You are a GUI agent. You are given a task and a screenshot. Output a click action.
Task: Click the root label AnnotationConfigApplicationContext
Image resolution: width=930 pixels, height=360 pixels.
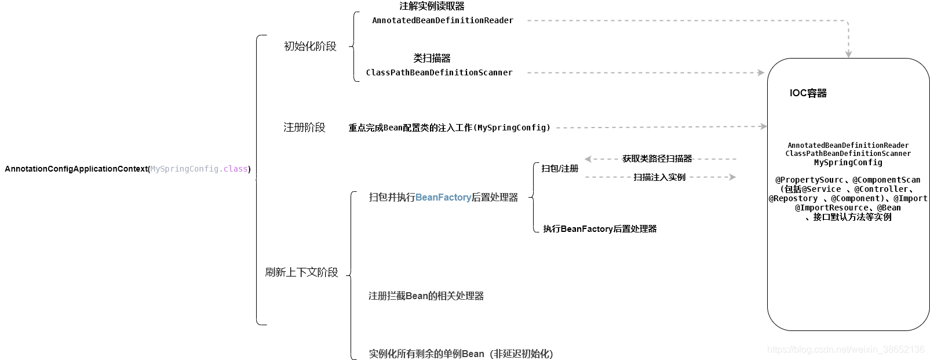[x=76, y=169]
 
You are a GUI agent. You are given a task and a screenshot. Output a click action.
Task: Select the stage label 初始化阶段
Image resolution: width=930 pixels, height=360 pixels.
[x=310, y=46]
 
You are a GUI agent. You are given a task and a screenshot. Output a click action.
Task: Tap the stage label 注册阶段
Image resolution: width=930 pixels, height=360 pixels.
[x=304, y=128]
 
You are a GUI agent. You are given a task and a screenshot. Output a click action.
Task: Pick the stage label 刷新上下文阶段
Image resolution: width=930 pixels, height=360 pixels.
[x=301, y=272]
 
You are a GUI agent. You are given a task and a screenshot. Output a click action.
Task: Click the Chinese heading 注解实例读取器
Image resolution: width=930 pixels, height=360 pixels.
[x=432, y=6]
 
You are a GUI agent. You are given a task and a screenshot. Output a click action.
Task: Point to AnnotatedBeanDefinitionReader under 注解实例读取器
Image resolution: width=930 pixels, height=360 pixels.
[x=442, y=20]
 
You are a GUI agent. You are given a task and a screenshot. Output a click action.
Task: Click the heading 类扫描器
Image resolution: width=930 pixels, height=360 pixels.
[x=432, y=58]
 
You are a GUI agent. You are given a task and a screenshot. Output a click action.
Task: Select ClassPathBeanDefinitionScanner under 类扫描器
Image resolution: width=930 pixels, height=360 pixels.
[x=439, y=72]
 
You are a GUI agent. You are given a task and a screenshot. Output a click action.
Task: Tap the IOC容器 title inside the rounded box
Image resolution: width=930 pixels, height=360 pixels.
[x=808, y=93]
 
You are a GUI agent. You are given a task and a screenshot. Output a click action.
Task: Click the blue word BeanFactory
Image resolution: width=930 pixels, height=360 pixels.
[x=443, y=198]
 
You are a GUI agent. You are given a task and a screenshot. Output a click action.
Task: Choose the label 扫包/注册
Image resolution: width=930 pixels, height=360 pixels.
[x=560, y=169]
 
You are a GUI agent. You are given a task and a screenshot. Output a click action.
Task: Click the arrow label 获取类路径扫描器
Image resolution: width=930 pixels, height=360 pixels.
[x=657, y=159]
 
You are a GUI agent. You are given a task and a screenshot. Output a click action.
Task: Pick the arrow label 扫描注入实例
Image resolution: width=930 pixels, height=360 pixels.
[x=659, y=177]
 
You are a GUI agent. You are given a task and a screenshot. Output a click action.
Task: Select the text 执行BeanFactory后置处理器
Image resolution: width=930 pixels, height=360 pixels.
[x=600, y=229]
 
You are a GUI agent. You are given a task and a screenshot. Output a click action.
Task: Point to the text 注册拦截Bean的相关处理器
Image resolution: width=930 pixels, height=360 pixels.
[x=426, y=296]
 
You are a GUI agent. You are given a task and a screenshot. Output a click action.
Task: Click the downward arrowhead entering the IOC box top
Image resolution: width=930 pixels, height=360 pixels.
[x=848, y=54]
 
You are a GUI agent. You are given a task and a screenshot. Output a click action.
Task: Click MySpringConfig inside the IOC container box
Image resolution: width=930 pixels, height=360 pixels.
[x=848, y=163]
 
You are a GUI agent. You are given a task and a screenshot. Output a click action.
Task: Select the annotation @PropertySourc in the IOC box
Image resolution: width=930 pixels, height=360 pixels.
[x=809, y=180]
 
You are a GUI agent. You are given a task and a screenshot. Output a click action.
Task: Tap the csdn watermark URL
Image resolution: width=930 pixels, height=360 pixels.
[x=845, y=350]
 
